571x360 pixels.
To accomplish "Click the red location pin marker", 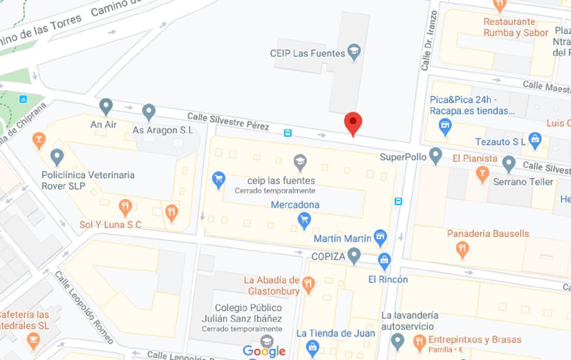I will click(x=353, y=123).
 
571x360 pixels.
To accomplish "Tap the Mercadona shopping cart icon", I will click(x=304, y=220).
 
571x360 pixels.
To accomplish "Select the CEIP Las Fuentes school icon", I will click(x=354, y=52).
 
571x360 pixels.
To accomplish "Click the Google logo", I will click(x=264, y=350).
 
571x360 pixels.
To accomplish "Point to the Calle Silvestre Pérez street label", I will click(x=228, y=121).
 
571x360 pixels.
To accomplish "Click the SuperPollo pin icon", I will click(x=435, y=155).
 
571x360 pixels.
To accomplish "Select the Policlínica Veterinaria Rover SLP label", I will click(x=88, y=180).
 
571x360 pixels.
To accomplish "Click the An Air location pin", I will click(x=106, y=106).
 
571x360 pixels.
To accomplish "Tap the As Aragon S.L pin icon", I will click(x=149, y=112).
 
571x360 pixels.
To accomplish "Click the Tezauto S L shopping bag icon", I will click(x=535, y=140).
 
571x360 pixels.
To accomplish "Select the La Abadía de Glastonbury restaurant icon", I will click(x=309, y=285).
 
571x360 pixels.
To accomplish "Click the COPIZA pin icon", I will click(x=354, y=256).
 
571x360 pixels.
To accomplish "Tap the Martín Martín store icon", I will click(x=380, y=238).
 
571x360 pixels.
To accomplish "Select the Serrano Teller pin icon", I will click(x=509, y=164).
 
